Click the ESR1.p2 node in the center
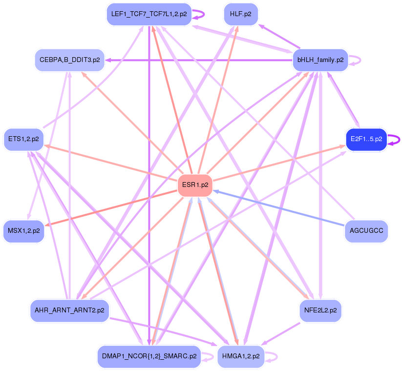[195, 185]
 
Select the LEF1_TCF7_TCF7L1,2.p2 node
[148, 14]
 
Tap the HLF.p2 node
[240, 14]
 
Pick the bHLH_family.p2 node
[319, 61]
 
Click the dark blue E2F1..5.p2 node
[366, 140]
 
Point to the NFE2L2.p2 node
[320, 310]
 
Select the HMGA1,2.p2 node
[240, 356]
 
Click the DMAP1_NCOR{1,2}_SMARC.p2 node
[148, 356]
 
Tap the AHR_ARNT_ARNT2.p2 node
[69, 310]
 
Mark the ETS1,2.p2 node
[23, 140]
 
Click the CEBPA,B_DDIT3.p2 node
[69, 61]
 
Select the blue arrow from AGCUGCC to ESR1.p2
[278, 207]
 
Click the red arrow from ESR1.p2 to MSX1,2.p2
[112, 207]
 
